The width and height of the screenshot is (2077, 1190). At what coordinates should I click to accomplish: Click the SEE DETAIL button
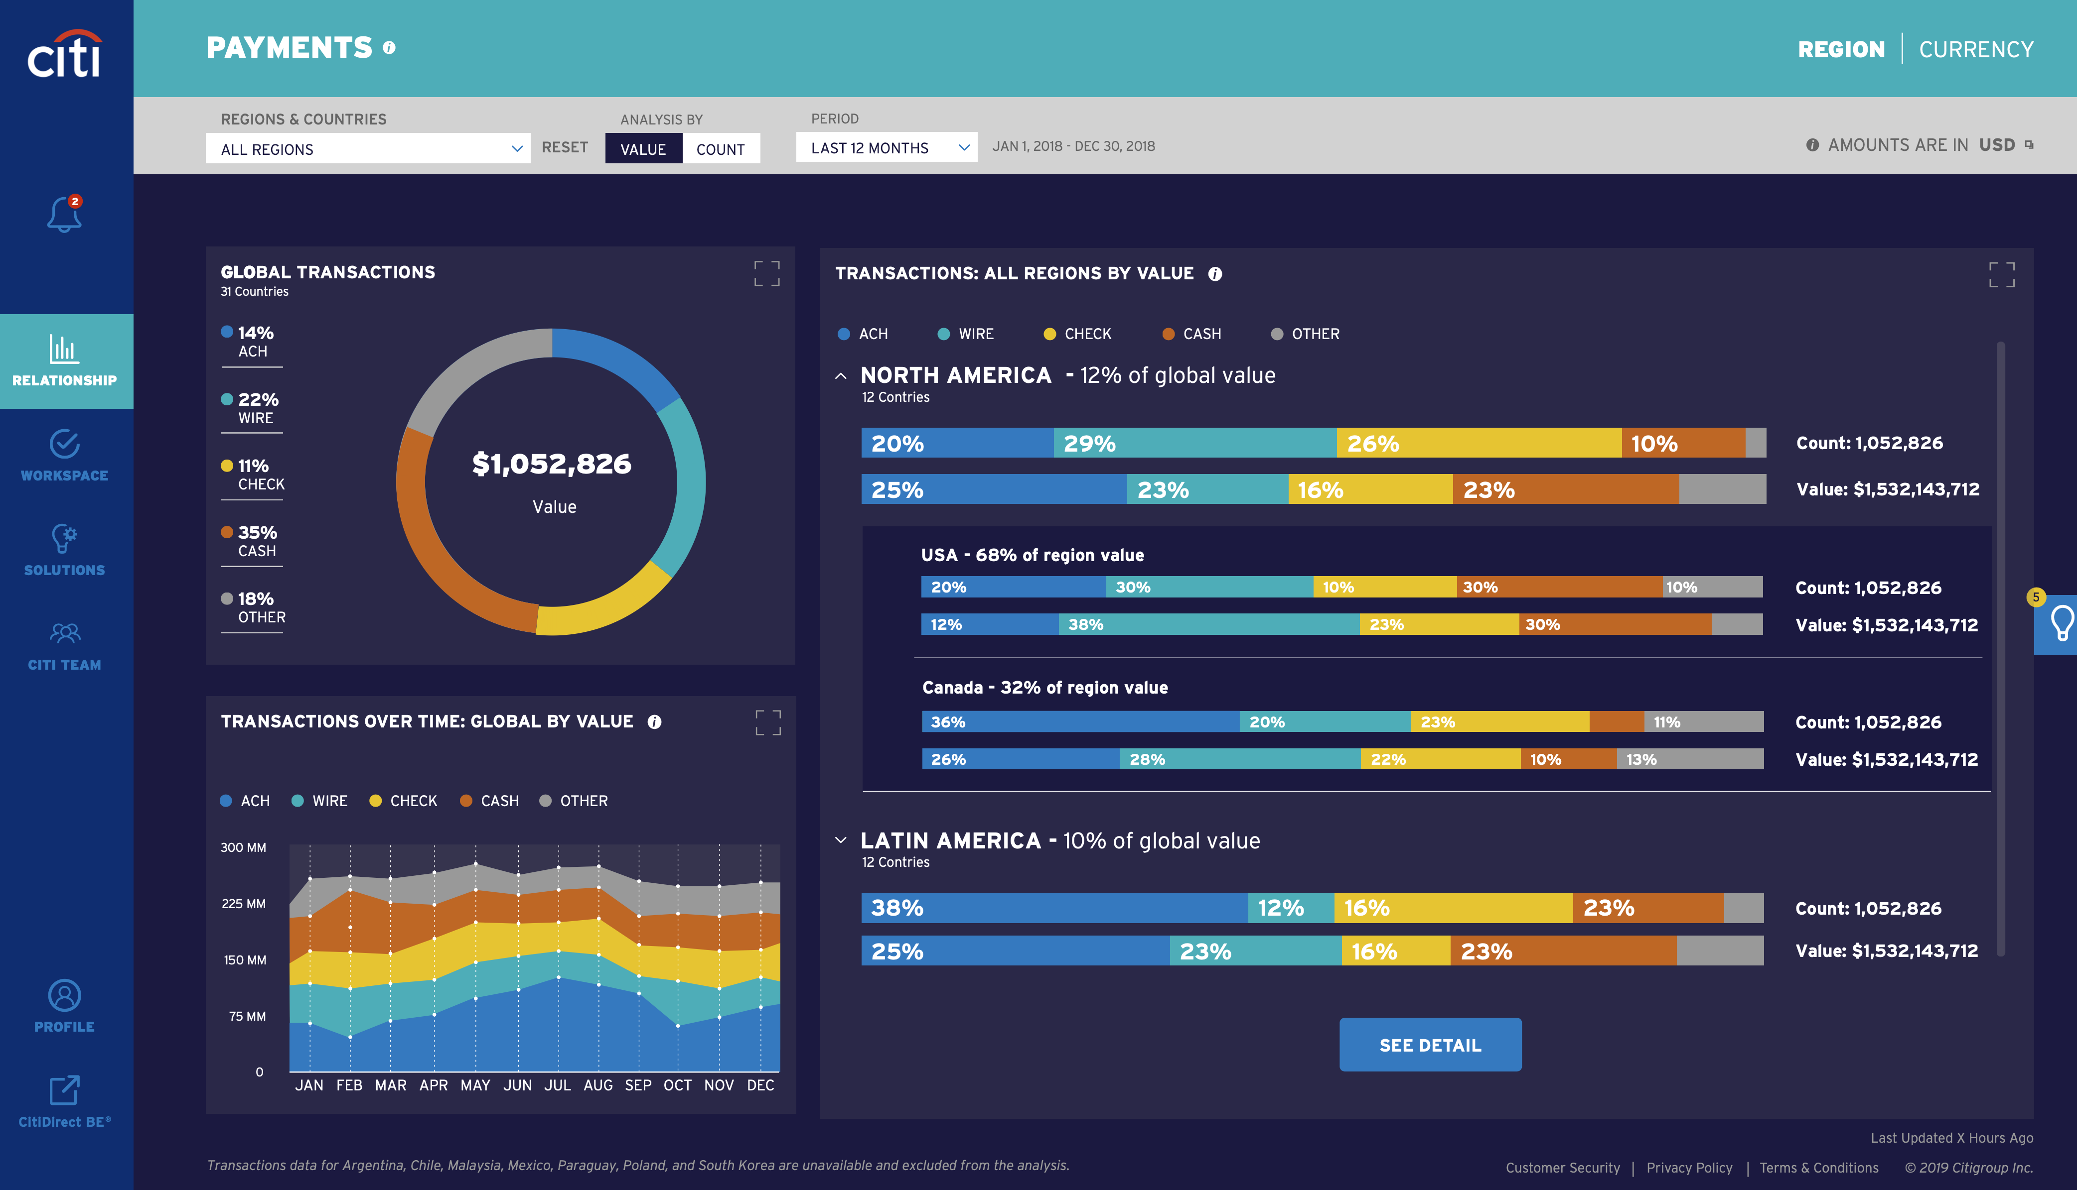coord(1429,1045)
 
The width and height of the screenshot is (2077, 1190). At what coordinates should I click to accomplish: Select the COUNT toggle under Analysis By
coord(721,149)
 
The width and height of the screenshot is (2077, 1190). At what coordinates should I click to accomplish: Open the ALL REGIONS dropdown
coord(367,149)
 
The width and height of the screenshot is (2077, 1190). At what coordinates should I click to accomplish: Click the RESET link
coord(564,147)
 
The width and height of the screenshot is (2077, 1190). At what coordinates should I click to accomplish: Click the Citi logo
coord(65,56)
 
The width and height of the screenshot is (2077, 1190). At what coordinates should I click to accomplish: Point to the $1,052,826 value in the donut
coord(552,464)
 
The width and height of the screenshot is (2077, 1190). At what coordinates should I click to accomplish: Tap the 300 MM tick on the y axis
coord(243,847)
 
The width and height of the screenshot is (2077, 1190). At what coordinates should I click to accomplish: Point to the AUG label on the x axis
coord(598,1085)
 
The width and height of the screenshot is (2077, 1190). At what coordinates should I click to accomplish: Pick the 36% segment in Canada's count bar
coord(1079,721)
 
